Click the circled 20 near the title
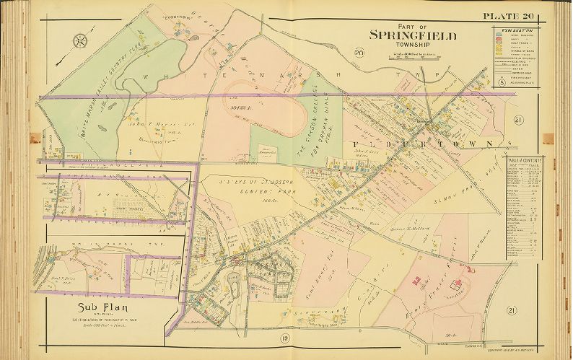click(x=359, y=51)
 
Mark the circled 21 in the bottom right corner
click(x=511, y=310)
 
